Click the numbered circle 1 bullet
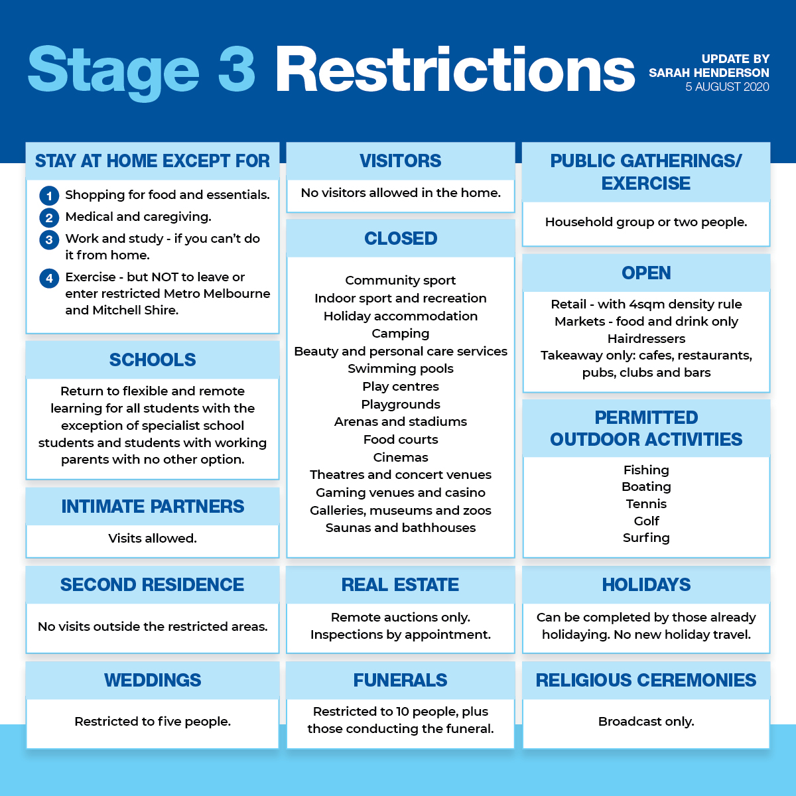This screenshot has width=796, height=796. (49, 196)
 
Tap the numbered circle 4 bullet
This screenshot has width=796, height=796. (49, 278)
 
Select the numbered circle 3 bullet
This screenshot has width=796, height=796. (49, 239)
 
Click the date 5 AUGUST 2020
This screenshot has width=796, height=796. (727, 87)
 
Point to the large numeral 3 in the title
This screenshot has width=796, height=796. (236, 68)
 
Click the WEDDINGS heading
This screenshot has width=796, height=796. (153, 680)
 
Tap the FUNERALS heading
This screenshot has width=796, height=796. (400, 680)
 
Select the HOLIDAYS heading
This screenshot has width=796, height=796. (646, 584)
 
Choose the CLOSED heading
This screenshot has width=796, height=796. (400, 238)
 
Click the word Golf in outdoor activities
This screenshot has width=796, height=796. (646, 521)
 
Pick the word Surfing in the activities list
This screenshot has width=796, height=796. (646, 538)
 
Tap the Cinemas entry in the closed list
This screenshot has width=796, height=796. (400, 457)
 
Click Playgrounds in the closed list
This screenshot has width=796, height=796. (400, 404)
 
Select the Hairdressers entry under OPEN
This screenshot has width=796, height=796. (646, 339)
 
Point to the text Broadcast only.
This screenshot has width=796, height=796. (646, 721)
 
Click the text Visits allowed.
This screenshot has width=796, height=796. (153, 538)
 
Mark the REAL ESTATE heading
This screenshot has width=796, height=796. (400, 584)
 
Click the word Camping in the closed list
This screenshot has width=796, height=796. (400, 334)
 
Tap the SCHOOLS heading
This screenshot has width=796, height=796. (153, 360)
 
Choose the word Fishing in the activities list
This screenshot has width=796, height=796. (646, 470)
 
